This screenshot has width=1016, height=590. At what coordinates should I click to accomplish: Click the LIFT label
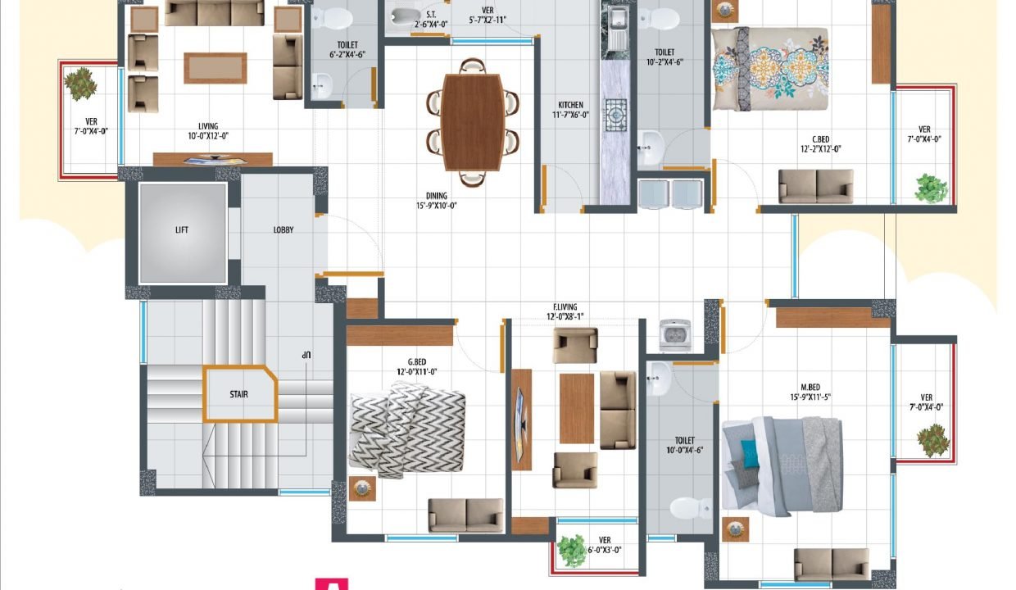pyautogui.click(x=181, y=230)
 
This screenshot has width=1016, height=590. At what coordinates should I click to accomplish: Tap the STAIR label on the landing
pyautogui.click(x=238, y=394)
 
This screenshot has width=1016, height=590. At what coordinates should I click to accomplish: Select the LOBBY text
pyautogui.click(x=283, y=230)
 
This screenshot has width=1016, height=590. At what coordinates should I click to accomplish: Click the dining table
pyautogui.click(x=472, y=122)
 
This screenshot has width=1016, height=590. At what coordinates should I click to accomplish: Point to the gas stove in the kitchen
pyautogui.click(x=615, y=116)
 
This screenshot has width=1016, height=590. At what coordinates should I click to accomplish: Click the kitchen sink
pyautogui.click(x=615, y=27)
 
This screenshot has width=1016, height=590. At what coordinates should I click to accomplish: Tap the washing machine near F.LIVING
pyautogui.click(x=675, y=336)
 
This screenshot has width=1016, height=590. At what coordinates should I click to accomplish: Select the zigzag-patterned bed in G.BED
pyautogui.click(x=407, y=431)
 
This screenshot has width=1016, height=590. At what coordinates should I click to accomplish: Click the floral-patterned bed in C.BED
pyautogui.click(x=770, y=69)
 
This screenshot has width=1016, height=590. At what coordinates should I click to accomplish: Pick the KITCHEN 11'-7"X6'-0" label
pyautogui.click(x=570, y=110)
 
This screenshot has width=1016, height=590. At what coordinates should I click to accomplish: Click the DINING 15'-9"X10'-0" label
pyautogui.click(x=437, y=201)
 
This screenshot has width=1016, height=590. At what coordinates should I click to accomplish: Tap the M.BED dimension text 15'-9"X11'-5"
pyautogui.click(x=810, y=397)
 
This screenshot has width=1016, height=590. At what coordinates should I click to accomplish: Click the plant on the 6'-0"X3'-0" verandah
pyautogui.click(x=573, y=551)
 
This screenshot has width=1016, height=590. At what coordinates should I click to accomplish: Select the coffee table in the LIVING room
pyautogui.click(x=215, y=68)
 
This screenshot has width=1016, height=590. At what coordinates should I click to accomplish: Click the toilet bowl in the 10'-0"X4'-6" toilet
pyautogui.click(x=691, y=508)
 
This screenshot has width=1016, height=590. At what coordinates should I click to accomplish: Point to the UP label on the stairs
pyautogui.click(x=306, y=356)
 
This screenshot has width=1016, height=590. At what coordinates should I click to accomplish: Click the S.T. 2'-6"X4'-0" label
pyautogui.click(x=431, y=20)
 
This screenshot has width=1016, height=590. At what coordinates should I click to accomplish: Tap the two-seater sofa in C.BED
pyautogui.click(x=815, y=186)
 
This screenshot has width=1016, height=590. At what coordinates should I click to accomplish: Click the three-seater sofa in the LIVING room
pyautogui.click(x=214, y=12)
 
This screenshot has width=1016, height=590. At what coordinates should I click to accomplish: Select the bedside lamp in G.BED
pyautogui.click(x=362, y=488)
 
